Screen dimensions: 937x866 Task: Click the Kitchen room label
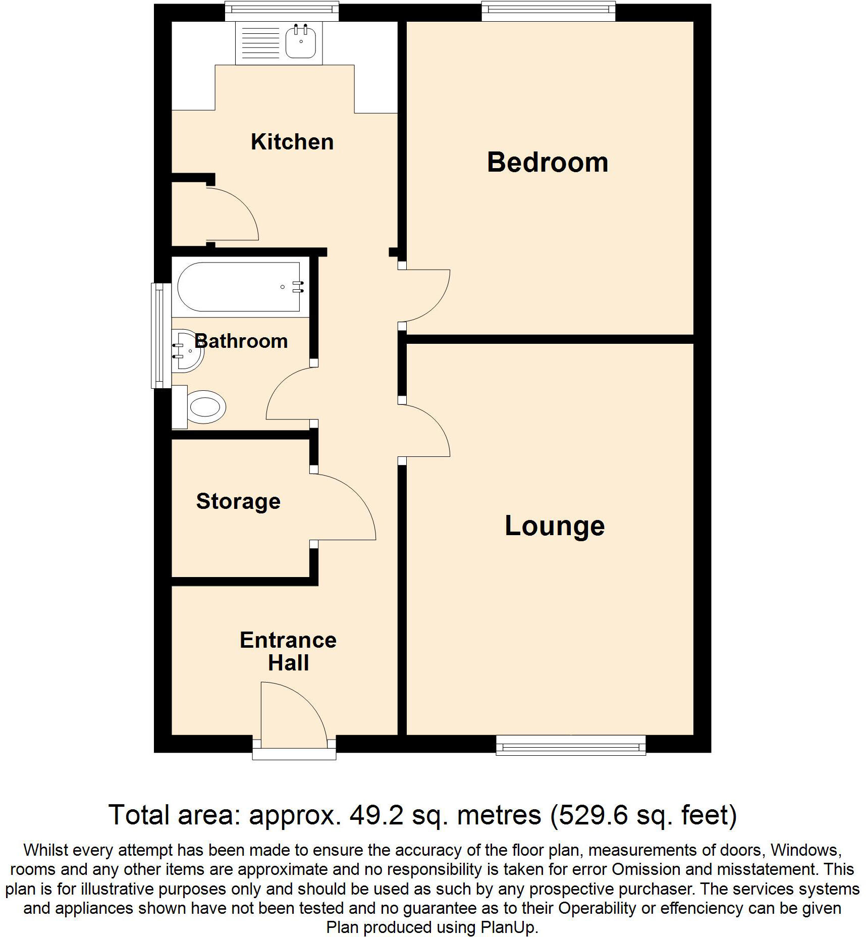(x=292, y=142)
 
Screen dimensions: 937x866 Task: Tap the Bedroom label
(x=548, y=163)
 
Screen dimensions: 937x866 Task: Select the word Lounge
(x=555, y=526)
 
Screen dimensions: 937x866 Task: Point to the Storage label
(x=238, y=501)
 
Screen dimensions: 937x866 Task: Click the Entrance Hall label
(x=288, y=651)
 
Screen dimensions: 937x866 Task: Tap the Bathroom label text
(x=241, y=341)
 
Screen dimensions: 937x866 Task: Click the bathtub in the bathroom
(x=240, y=287)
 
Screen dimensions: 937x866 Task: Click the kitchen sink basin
(x=301, y=42)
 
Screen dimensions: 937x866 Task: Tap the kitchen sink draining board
(x=260, y=43)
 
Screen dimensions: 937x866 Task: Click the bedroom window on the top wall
(x=549, y=12)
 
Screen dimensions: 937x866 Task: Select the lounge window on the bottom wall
(x=571, y=745)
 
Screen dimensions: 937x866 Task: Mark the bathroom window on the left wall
(x=161, y=335)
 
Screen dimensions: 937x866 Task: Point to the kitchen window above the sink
(x=281, y=11)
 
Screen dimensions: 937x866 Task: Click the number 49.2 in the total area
(x=376, y=815)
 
